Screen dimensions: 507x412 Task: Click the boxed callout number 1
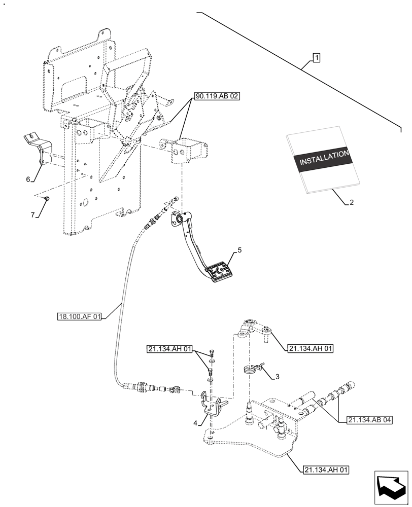[x=316, y=58]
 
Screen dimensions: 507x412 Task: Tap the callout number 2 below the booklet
[x=351, y=202]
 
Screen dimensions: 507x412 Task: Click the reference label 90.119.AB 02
[x=215, y=95]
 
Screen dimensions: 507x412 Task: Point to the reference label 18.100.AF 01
[x=79, y=317]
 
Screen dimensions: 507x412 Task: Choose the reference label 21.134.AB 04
[x=370, y=420]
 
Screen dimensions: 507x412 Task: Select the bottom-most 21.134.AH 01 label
[x=327, y=469]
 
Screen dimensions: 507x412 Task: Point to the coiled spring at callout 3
[x=249, y=371]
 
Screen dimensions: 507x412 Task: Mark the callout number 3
[x=277, y=376]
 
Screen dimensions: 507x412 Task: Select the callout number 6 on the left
[x=28, y=178]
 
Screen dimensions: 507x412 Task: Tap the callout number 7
[x=32, y=215]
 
